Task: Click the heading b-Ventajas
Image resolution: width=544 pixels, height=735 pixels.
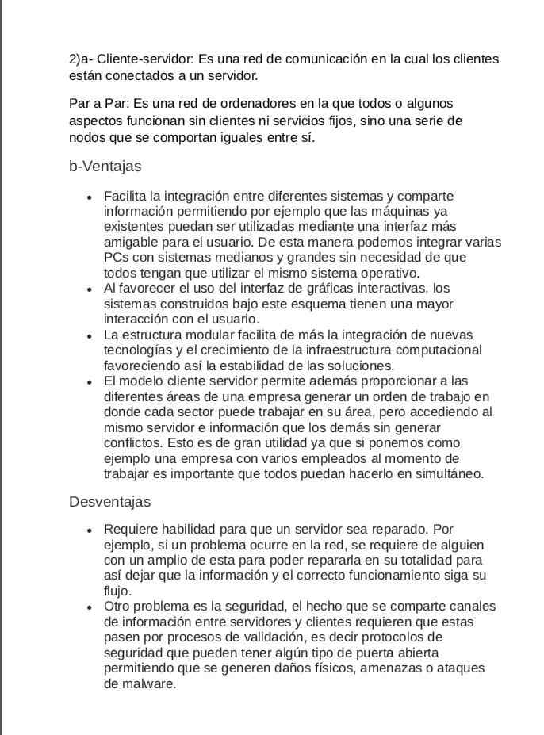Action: [x=105, y=167]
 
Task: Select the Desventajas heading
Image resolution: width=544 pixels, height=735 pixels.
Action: [x=109, y=502]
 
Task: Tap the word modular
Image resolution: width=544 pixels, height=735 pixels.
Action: [x=217, y=335]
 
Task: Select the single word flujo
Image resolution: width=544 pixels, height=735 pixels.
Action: [x=117, y=591]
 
